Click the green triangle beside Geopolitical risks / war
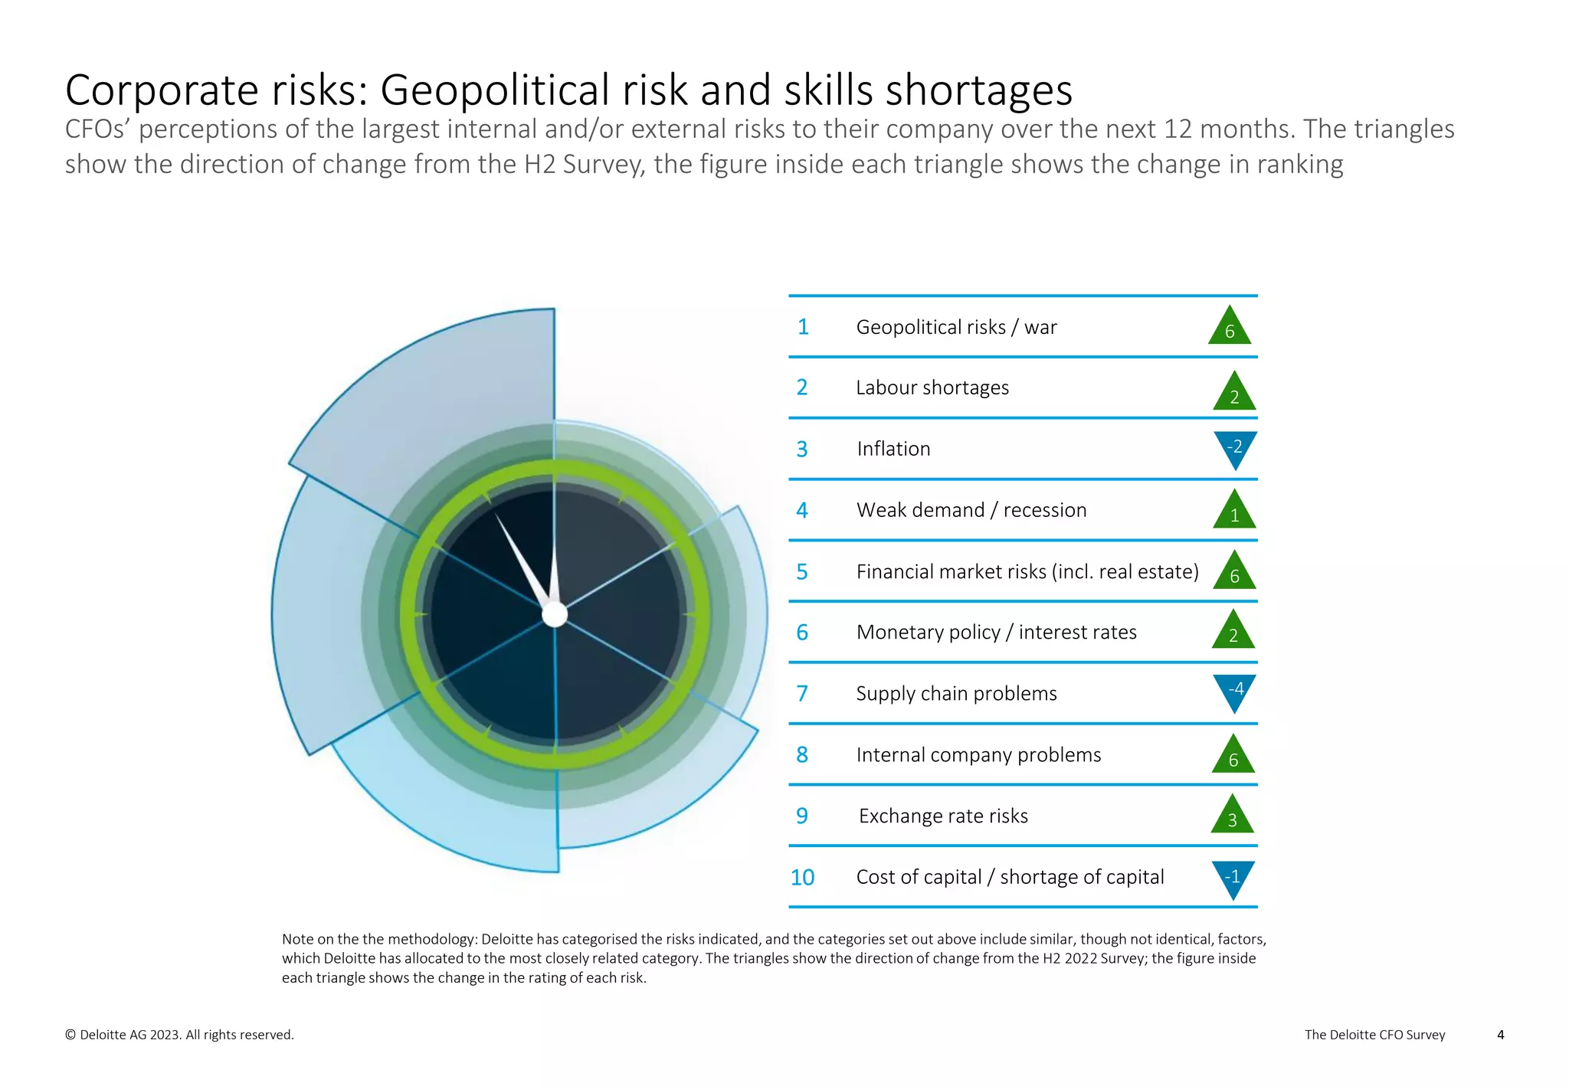(1230, 328)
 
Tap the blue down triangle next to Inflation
(1235, 448)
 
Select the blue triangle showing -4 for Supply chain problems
(1235, 691)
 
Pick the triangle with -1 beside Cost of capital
(1233, 878)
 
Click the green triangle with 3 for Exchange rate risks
(1232, 816)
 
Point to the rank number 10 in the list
(802, 877)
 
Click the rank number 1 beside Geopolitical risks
(803, 327)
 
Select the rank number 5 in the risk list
(802, 571)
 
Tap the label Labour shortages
(932, 388)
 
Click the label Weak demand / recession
(971, 510)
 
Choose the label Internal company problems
(978, 754)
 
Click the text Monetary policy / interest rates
(996, 632)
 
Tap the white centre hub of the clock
(555, 614)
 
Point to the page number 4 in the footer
(1500, 1035)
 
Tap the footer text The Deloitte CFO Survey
(1374, 1035)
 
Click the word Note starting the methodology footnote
(299, 939)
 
